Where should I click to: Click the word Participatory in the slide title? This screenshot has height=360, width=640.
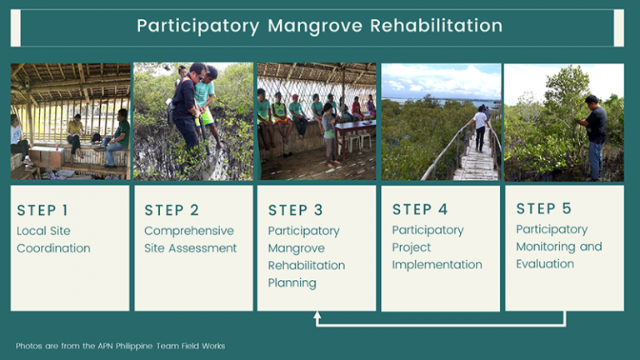pos(197,26)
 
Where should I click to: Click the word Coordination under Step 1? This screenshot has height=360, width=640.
pos(53,248)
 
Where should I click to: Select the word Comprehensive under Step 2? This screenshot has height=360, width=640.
pos(189,231)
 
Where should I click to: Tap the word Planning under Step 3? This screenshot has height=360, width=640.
pos(292,282)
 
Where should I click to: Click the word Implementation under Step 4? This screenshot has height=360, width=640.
pos(437,265)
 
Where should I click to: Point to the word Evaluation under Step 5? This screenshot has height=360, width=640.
pos(545,264)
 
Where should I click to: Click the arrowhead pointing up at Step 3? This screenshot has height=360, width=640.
pos(317,316)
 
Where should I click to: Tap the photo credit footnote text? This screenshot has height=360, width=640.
pos(120,346)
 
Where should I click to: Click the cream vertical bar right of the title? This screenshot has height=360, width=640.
pos(618,27)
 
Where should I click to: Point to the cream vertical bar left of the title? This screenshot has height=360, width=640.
pos(15,27)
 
